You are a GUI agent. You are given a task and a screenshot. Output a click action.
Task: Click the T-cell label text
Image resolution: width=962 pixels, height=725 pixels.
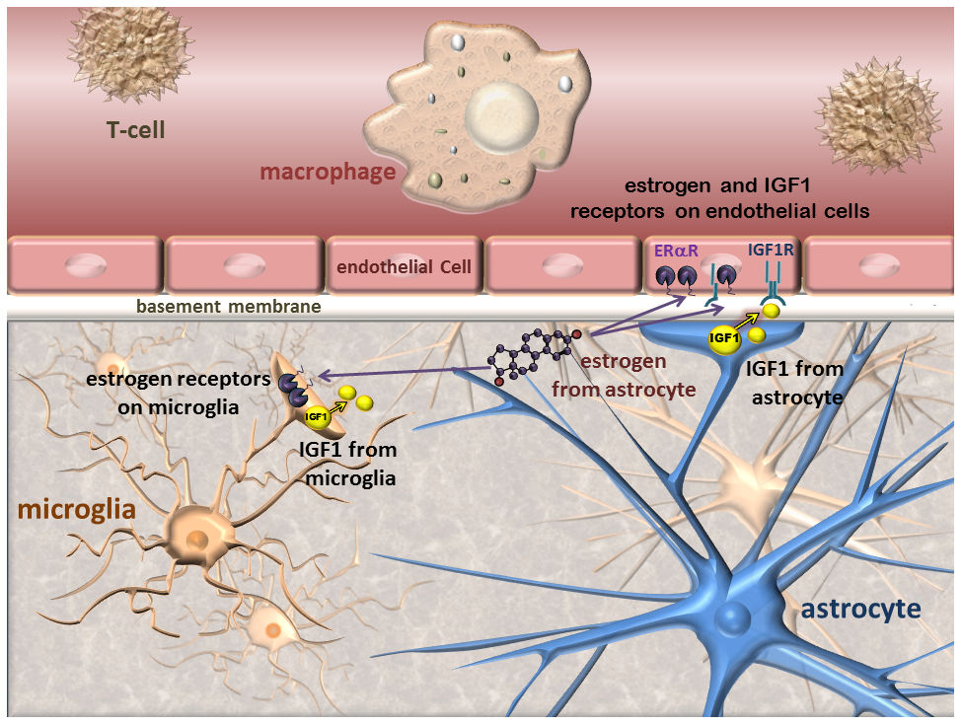pyautogui.click(x=135, y=129)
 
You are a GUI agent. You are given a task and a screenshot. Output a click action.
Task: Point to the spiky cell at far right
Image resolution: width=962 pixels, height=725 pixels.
pyautogui.click(x=878, y=108)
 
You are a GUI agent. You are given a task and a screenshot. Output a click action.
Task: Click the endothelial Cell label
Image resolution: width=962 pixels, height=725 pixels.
pyautogui.click(x=404, y=266)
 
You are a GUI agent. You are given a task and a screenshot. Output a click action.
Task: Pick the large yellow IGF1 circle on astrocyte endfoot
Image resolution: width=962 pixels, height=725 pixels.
pyautogui.click(x=725, y=338)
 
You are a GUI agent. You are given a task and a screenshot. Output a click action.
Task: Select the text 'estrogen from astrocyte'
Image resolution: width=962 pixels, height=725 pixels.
pyautogui.click(x=637, y=375)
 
